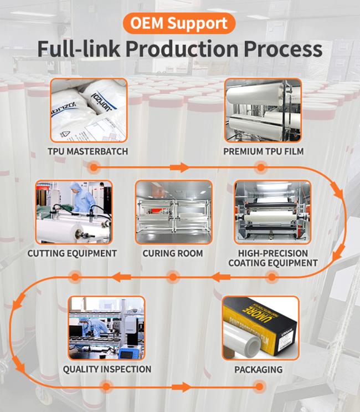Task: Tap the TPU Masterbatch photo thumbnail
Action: pos(89,110)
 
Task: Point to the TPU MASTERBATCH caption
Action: pos(89,151)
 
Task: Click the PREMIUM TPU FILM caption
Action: pos(263,151)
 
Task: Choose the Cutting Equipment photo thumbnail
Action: pos(74,212)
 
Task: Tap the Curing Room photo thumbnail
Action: pos(173,212)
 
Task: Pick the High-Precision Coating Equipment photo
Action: pos(272,212)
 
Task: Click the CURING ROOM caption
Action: pos(173,253)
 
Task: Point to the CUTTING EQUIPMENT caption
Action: pos(73,253)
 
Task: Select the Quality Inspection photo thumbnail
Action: pos(107,328)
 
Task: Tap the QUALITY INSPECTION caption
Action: pos(107,369)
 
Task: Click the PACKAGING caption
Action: pos(259,369)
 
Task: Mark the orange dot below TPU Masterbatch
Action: pos(94,167)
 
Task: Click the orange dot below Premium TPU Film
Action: pos(260,167)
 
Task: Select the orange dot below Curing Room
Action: pos(173,276)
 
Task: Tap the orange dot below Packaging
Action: pos(258,386)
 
